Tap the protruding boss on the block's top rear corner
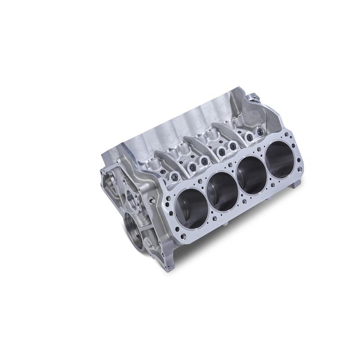(252, 97)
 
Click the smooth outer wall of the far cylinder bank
(180, 121)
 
